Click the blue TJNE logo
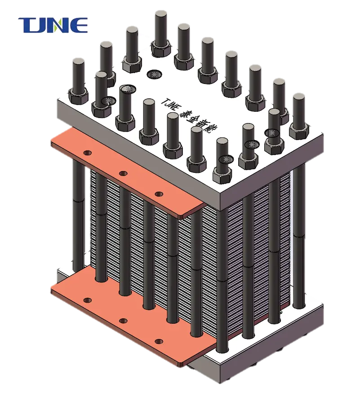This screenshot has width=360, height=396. pyautogui.click(x=53, y=25)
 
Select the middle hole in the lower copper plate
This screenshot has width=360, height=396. pyautogui.click(x=123, y=321)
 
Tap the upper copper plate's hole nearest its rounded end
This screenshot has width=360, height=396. pyautogui.click(x=159, y=194)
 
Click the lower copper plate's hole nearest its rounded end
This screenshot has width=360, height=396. pyautogui.click(x=158, y=342)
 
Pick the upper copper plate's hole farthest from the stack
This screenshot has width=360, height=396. pyautogui.click(x=88, y=153)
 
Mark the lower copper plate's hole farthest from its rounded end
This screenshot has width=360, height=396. pyautogui.click(x=88, y=300)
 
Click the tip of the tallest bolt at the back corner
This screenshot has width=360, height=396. pyautogui.click(x=161, y=12)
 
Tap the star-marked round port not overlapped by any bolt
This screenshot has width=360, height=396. pyautogui.click(x=153, y=74)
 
